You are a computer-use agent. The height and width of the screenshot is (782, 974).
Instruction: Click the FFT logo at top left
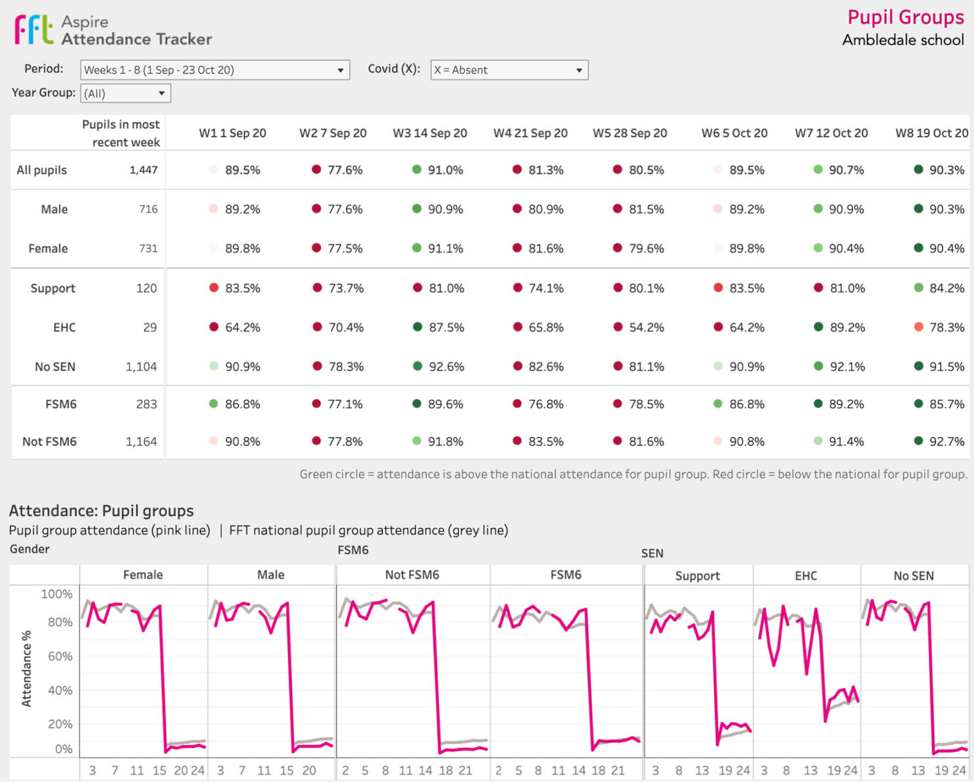tap(34, 30)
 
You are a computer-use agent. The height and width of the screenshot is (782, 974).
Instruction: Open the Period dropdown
tap(215, 70)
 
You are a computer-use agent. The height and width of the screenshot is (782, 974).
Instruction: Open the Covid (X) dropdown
tap(509, 70)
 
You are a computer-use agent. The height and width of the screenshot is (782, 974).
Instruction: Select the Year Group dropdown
tap(125, 94)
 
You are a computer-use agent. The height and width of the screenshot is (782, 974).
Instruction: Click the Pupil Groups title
tap(905, 17)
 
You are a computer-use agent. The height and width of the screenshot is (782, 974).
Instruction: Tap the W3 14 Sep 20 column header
tap(430, 133)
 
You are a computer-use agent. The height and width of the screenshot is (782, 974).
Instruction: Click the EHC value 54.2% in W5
tap(646, 327)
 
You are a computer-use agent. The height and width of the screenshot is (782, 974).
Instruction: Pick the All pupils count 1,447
tap(143, 170)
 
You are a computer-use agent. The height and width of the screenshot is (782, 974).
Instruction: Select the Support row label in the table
tap(53, 289)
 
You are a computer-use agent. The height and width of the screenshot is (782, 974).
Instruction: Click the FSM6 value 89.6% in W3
tap(445, 404)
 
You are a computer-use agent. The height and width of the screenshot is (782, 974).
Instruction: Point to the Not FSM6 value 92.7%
tap(946, 442)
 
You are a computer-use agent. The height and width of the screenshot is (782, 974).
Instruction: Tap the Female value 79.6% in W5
tap(646, 249)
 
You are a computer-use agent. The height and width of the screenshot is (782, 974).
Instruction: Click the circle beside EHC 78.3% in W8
tap(918, 327)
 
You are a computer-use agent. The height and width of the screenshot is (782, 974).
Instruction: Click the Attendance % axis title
tap(27, 669)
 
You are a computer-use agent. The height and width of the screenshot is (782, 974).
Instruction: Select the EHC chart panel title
tap(805, 576)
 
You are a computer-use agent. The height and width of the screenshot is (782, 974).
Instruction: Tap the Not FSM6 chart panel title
tap(412, 575)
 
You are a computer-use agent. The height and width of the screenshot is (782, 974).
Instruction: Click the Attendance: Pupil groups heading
tap(101, 511)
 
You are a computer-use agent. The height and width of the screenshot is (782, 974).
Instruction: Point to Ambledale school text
tap(902, 40)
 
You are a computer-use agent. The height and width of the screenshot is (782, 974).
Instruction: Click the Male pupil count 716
tap(148, 209)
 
